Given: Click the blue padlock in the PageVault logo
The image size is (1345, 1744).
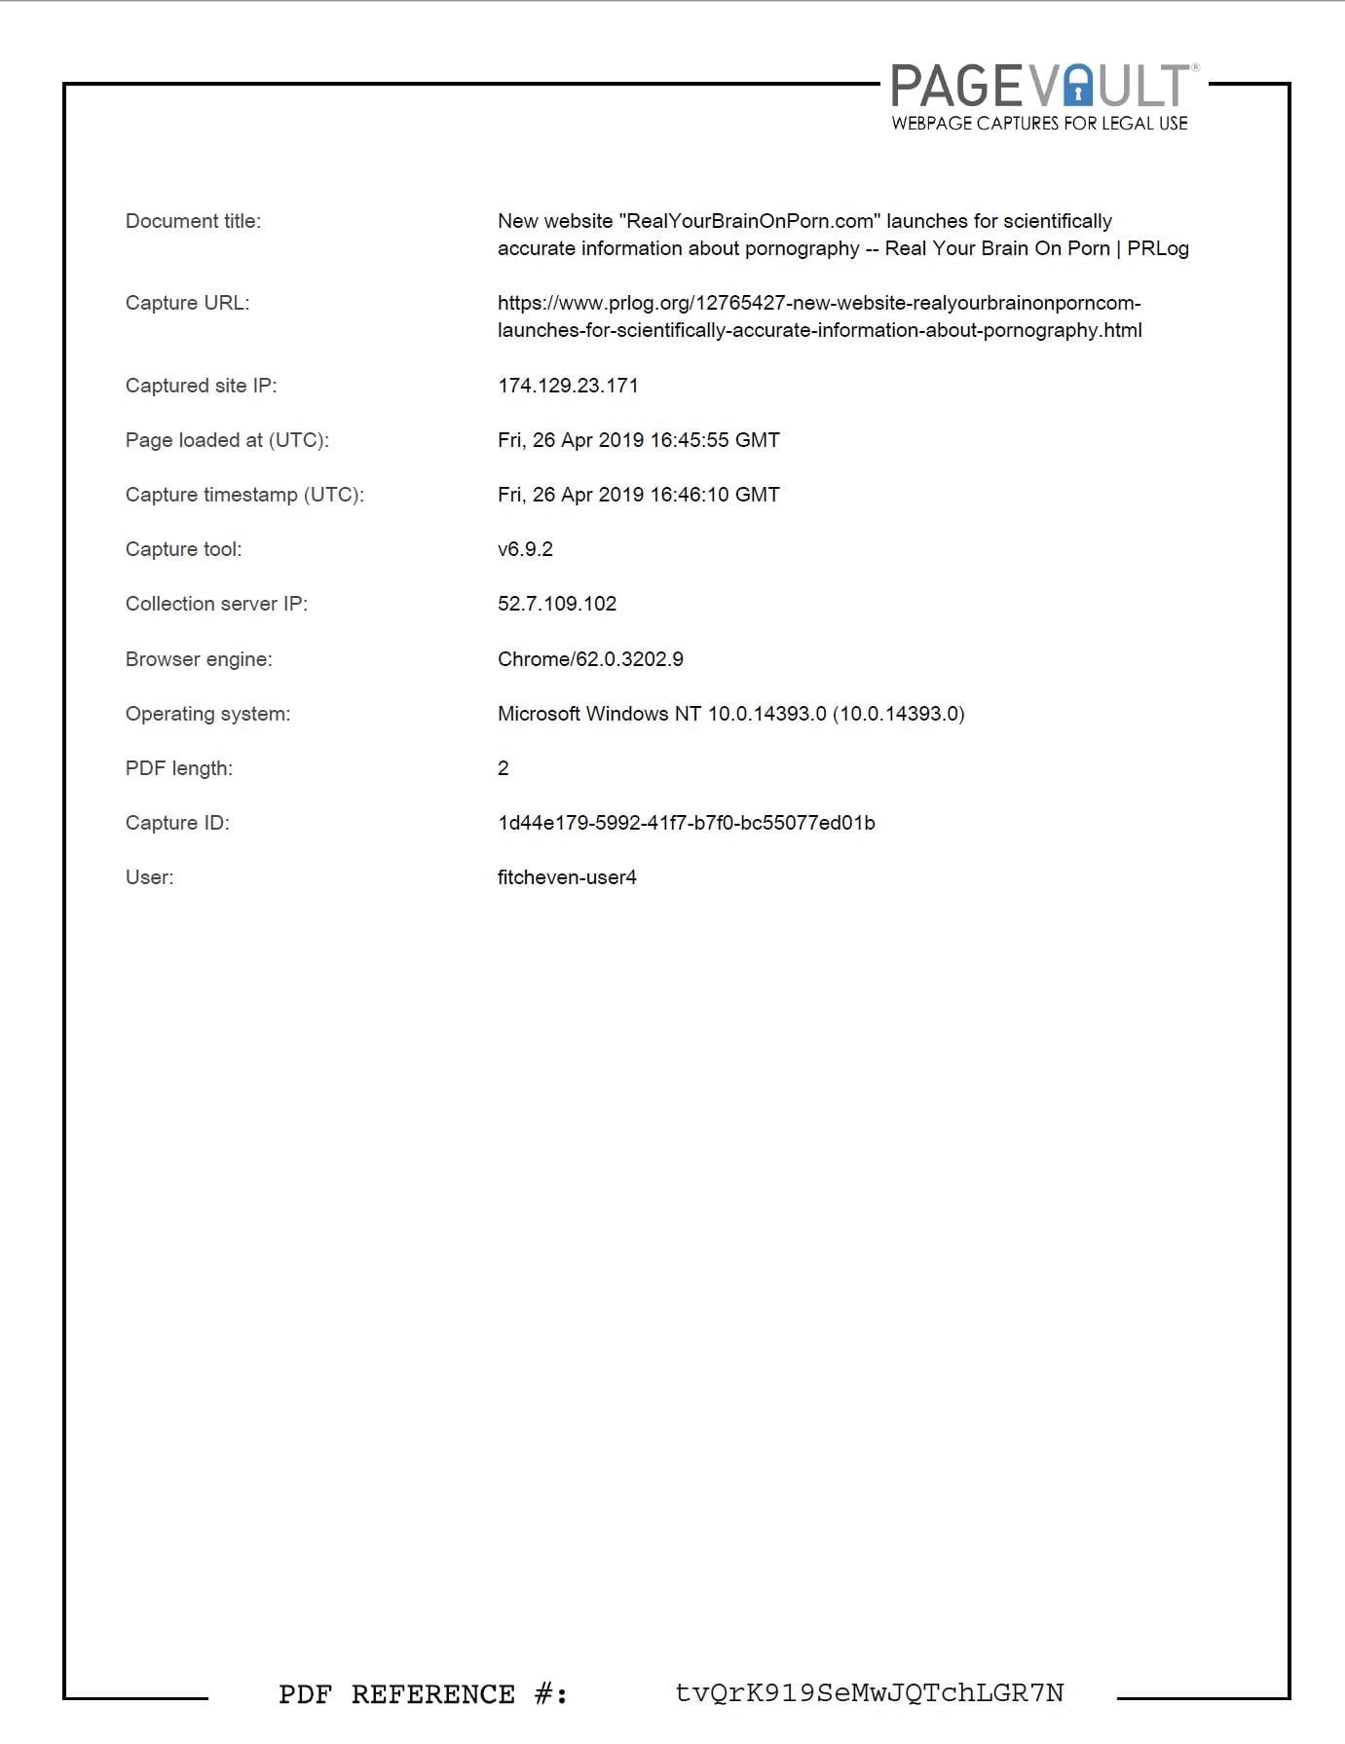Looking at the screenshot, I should [x=1078, y=88].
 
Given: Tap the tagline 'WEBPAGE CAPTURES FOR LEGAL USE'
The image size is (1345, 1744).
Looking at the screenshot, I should [x=1039, y=124].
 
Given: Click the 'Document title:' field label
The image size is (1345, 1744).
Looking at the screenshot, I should [x=193, y=221].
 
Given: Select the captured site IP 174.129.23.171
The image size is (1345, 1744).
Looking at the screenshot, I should [x=568, y=386].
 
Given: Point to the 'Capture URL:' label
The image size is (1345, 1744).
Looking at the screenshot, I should [x=187, y=303].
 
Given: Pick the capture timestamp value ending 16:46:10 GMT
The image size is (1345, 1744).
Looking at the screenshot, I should [x=638, y=495].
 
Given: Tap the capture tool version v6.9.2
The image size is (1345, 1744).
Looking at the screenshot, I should [x=525, y=549].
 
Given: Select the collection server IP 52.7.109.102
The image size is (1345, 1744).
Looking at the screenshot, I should [x=557, y=604].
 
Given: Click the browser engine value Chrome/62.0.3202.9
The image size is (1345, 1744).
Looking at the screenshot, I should [x=590, y=659].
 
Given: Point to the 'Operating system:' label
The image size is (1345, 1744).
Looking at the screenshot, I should [x=207, y=714].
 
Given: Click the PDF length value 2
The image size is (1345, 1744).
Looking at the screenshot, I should [x=504, y=768].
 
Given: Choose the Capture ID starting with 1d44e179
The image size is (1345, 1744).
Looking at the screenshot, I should [x=686, y=823].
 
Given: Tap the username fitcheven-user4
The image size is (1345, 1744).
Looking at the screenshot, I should [x=567, y=877].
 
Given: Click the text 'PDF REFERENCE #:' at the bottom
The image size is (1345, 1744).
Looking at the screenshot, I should [x=423, y=1694].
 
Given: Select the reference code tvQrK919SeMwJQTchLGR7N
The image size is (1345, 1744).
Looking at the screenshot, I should [x=869, y=1693].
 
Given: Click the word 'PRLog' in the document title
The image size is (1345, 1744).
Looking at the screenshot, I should [x=1158, y=248].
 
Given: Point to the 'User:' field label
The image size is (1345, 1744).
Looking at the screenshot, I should [x=149, y=877].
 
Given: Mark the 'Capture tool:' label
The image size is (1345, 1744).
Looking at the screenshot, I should [x=183, y=549].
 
